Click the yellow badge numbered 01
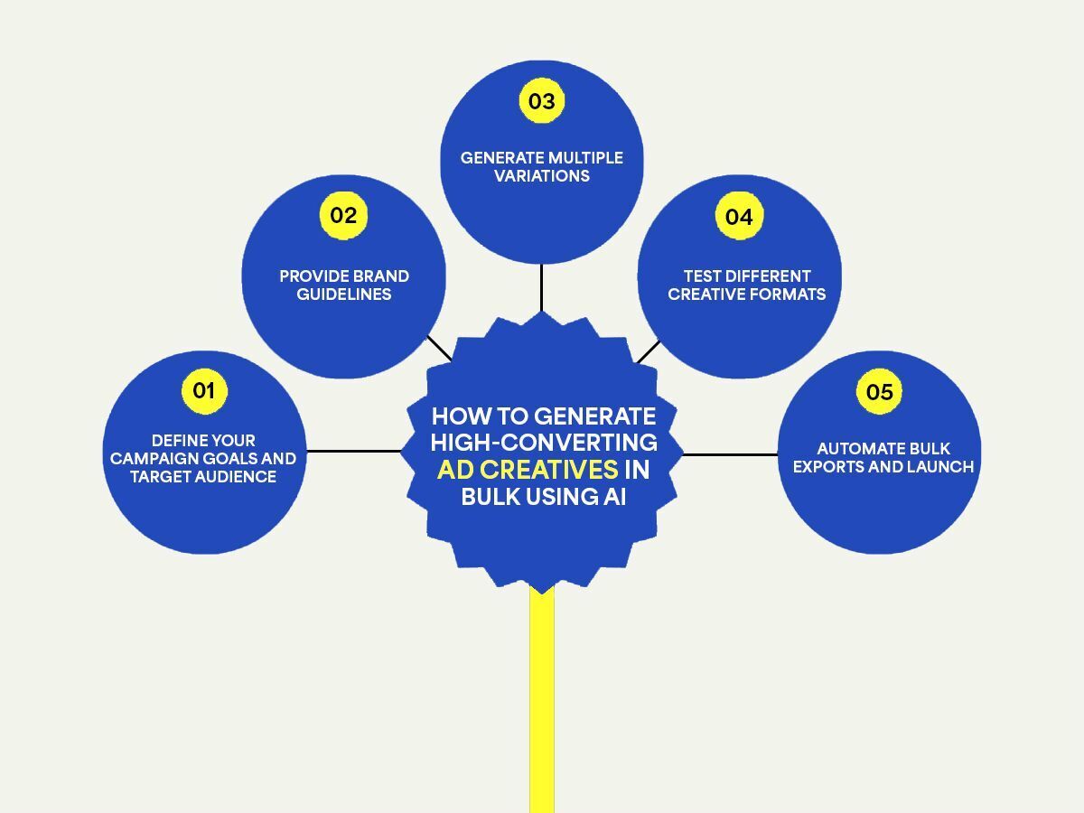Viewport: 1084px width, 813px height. [x=204, y=391]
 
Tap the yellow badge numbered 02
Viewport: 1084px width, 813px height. [x=343, y=215]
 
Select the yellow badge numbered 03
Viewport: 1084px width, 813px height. [x=541, y=101]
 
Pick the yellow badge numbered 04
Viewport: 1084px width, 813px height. [x=739, y=217]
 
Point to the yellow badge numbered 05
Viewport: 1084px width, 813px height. [x=879, y=392]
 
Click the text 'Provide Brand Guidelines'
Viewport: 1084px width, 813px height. [x=344, y=285]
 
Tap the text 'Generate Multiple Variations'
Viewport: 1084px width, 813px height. [x=541, y=166]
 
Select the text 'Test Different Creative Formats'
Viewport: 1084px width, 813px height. [x=746, y=285]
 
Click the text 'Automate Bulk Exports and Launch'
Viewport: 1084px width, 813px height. [x=883, y=458]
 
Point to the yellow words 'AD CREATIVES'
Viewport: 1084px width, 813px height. [x=528, y=470]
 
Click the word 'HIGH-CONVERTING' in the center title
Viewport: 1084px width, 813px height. [x=544, y=443]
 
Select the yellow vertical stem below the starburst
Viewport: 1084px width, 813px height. [x=541, y=705]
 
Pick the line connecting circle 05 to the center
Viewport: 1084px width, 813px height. [x=730, y=454]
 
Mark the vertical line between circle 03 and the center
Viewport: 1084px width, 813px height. [x=541, y=287]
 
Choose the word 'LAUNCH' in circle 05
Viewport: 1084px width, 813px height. [x=941, y=467]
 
